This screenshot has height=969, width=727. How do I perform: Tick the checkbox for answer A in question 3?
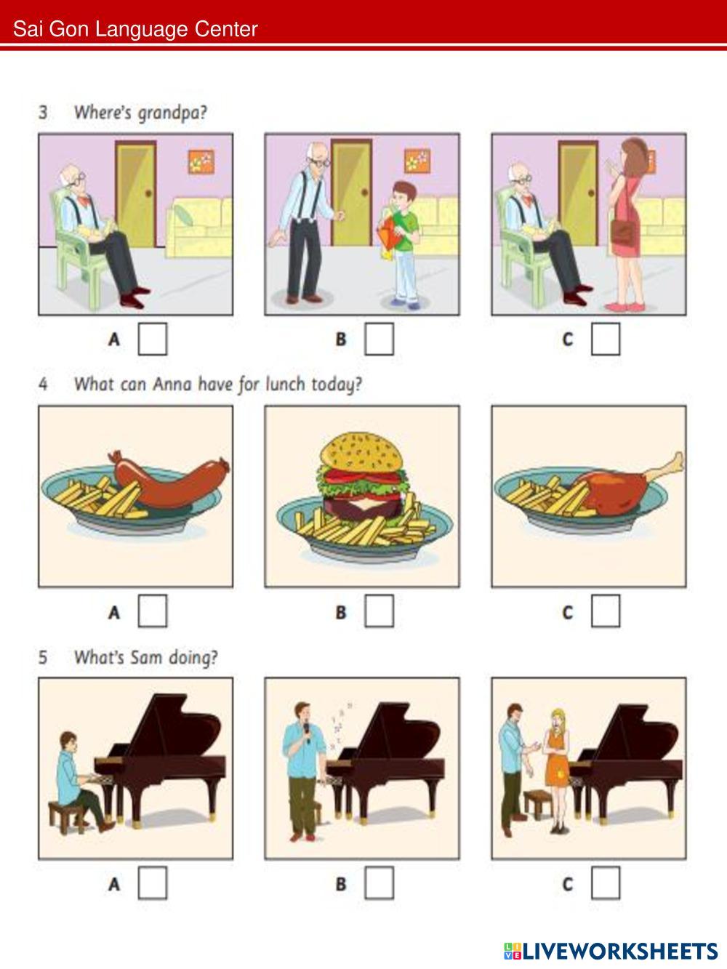(152, 339)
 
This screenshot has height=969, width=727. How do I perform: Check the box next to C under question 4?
(605, 611)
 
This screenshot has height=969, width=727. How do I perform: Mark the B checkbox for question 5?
(379, 883)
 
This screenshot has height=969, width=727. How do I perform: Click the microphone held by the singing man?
(306, 733)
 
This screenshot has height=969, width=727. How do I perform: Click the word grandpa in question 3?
(172, 113)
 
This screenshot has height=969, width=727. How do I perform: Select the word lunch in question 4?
(285, 385)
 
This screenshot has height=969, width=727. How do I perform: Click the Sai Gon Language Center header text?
(135, 30)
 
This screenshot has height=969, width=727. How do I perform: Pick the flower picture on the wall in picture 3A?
(201, 161)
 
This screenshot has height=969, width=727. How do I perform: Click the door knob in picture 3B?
(365, 192)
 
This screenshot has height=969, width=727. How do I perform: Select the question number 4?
(43, 384)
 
